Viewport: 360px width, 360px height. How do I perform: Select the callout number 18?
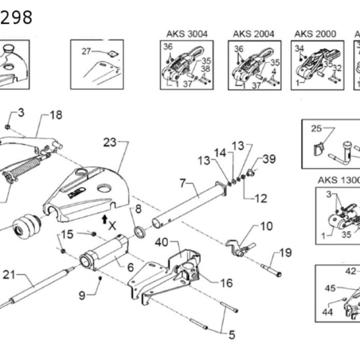[56, 115]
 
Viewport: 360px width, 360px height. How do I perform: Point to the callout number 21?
[9, 275]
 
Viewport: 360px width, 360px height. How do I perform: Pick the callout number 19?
[285, 253]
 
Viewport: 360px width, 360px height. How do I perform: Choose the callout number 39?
[269, 159]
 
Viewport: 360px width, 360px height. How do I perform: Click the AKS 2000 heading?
[314, 34]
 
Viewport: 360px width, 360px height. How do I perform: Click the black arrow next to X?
[104, 217]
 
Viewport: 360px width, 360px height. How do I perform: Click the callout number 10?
[266, 227]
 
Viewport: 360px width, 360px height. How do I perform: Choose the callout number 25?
[316, 128]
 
